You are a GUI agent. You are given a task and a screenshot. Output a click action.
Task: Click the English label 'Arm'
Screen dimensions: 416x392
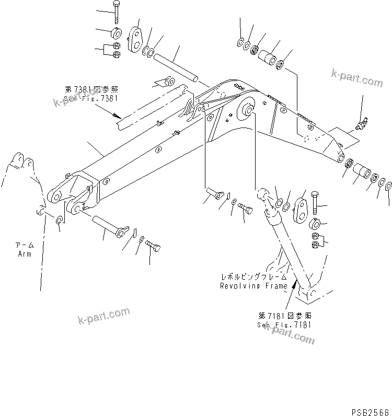pyautogui.click(x=23, y=254)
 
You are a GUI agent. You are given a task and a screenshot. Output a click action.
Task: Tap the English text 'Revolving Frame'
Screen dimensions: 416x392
pyautogui.click(x=253, y=286)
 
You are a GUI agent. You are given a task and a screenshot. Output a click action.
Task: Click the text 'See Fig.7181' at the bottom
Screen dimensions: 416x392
pyautogui.click(x=286, y=324)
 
